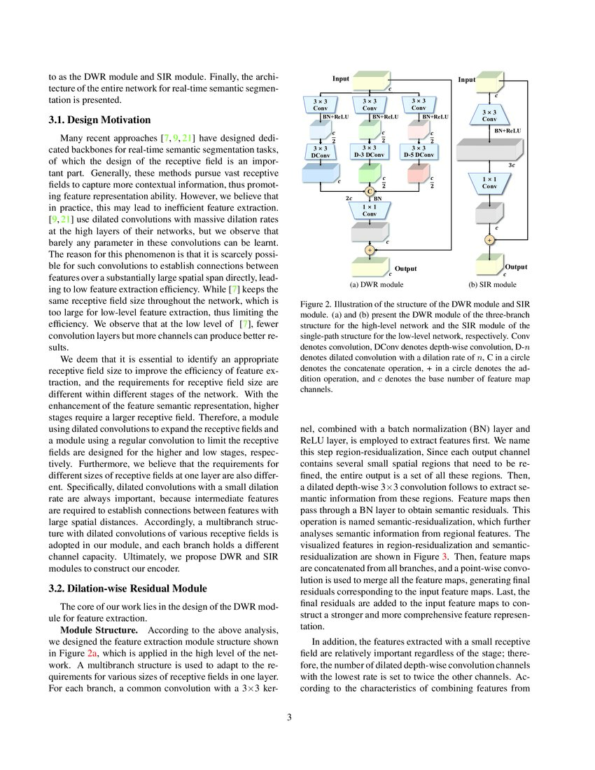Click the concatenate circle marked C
pos(369,190)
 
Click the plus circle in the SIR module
pos(489,239)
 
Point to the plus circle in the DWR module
pos(369,249)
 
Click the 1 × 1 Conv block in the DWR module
pos(369,209)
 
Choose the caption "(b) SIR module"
pos(492,285)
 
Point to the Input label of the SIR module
pos(467,80)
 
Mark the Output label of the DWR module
pos(405,269)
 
